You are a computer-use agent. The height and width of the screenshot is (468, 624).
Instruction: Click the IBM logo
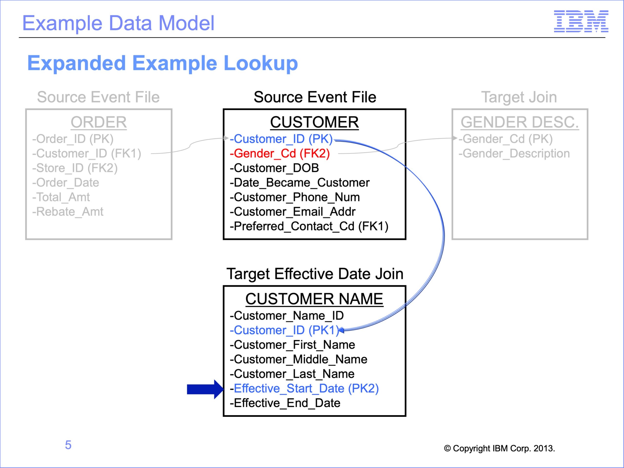click(581, 21)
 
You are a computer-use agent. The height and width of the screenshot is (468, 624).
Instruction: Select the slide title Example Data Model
click(118, 23)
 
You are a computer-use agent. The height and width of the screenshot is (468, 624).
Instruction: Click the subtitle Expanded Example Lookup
click(163, 63)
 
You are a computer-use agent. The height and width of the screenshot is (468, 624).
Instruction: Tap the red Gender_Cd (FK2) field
click(280, 154)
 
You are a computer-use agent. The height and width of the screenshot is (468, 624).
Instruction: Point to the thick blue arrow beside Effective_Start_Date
click(205, 389)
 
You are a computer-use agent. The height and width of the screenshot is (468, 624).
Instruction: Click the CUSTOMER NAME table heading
click(314, 299)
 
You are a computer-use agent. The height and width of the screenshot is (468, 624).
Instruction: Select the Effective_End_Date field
click(285, 403)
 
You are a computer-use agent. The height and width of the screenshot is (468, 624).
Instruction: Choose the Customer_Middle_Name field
click(298, 359)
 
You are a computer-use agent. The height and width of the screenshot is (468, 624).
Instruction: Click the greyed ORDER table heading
click(99, 122)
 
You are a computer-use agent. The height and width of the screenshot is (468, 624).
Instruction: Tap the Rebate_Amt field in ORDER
click(68, 212)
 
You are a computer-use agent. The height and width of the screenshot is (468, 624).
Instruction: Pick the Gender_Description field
click(514, 154)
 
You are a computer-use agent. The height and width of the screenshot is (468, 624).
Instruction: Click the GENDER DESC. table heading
click(520, 122)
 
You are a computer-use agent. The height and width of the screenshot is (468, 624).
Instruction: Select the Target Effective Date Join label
click(315, 274)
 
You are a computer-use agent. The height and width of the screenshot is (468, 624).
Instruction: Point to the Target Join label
click(519, 97)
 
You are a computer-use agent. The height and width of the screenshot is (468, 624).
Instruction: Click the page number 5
click(68, 445)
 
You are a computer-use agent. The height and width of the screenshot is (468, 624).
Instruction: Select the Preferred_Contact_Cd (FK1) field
click(309, 226)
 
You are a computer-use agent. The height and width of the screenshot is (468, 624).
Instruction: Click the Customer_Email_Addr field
click(292, 212)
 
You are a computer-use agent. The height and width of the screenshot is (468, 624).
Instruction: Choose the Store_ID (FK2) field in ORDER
click(75, 168)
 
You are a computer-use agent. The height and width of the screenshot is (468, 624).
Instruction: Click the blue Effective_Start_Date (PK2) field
click(304, 389)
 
